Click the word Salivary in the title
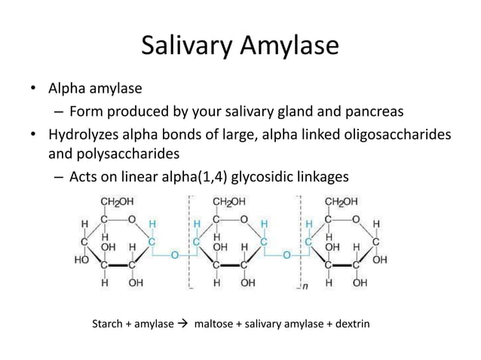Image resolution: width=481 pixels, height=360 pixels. coord(191,48)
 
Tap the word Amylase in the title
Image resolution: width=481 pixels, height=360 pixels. coord(290,48)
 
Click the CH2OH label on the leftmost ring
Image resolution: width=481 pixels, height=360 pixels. coord(120,202)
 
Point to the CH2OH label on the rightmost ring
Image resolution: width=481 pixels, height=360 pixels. coord(342,202)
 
